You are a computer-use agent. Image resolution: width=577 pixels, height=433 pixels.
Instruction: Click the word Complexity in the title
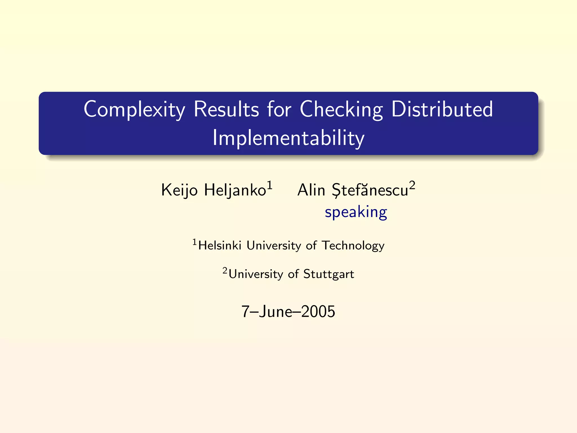click(x=134, y=110)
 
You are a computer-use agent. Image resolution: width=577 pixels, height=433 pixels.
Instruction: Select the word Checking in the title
click(x=341, y=110)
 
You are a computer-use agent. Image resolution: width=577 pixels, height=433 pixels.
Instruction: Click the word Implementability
click(x=288, y=138)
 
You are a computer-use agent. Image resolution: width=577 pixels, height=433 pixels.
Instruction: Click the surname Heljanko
click(x=235, y=190)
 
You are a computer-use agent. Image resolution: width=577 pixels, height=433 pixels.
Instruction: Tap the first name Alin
click(x=311, y=190)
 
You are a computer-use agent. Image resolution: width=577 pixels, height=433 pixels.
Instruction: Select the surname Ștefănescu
click(x=370, y=190)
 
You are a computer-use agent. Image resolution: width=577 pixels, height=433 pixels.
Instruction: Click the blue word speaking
click(x=356, y=212)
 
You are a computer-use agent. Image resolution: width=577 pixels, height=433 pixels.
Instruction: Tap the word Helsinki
click(x=220, y=246)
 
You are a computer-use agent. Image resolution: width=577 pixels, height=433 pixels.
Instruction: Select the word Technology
click(x=353, y=246)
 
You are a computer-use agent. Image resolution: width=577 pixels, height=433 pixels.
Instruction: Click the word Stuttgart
click(x=329, y=274)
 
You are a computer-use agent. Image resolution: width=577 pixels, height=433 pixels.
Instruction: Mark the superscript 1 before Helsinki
click(x=195, y=242)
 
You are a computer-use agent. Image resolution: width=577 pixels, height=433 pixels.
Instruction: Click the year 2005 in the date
click(x=318, y=312)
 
